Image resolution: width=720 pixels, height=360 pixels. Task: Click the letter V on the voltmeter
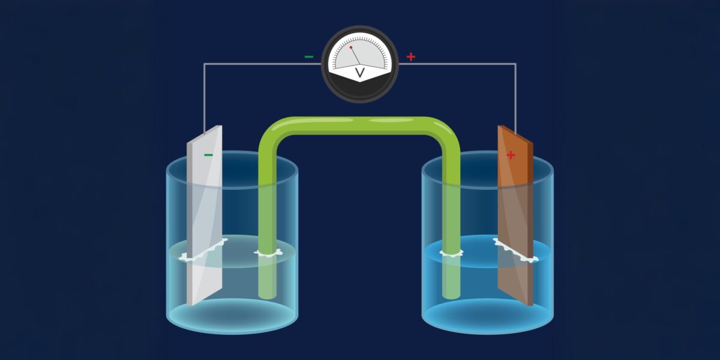[360, 73]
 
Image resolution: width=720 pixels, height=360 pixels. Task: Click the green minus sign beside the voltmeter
[308, 57]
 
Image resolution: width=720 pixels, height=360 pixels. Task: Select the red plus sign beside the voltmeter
[411, 57]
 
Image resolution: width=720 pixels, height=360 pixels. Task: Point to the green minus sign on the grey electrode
[208, 155]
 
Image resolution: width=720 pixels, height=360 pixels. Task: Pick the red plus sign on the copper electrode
[511, 155]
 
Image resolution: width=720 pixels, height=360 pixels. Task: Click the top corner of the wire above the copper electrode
[515, 64]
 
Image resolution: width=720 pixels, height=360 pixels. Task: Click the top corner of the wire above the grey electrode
[205, 64]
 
